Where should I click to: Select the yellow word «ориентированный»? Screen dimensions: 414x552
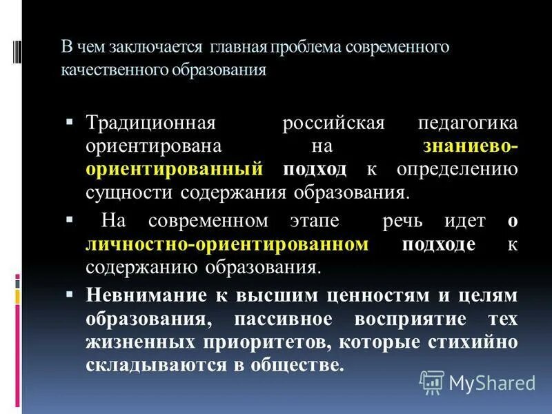pyautogui.click(x=175, y=168)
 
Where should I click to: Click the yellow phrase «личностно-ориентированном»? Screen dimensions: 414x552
pyautogui.click(x=233, y=244)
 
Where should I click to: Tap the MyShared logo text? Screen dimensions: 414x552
pyautogui.click(x=492, y=382)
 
